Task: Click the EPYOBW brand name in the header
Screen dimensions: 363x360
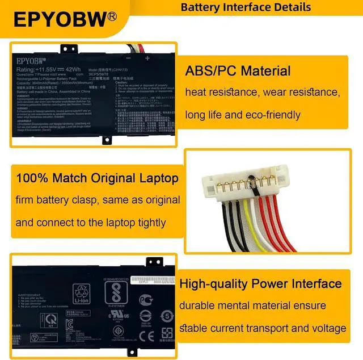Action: tap(60, 20)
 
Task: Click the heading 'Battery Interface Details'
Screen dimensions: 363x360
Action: tap(246, 7)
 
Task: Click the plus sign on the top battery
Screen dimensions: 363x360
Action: tap(147, 58)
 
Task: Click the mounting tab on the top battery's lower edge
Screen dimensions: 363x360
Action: tap(106, 139)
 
